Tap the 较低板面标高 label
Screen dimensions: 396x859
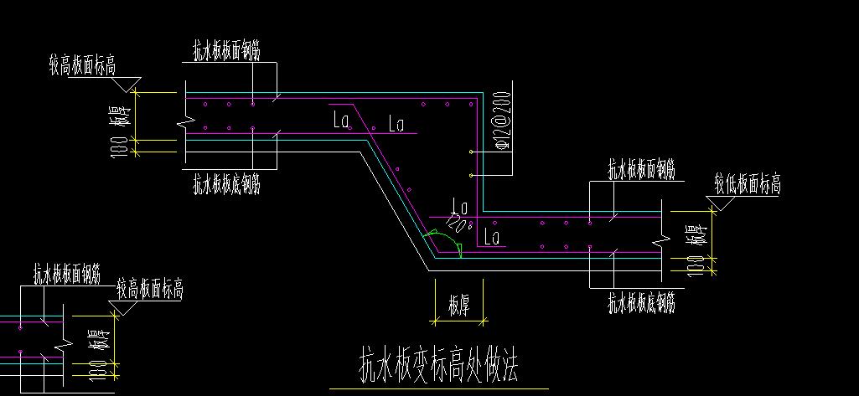(x=748, y=183)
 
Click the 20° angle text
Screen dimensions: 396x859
(x=460, y=222)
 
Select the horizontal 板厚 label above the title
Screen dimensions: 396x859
(x=458, y=307)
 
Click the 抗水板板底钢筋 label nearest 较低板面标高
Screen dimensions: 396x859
(x=641, y=301)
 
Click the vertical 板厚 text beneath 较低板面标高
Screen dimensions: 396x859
(x=694, y=236)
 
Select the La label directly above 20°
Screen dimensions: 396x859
(x=459, y=204)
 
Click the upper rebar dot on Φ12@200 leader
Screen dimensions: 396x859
(x=473, y=152)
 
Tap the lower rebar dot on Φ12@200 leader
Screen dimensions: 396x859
(x=473, y=175)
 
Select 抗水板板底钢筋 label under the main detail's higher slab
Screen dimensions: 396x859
(x=226, y=182)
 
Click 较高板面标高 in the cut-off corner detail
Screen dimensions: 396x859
(x=150, y=291)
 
